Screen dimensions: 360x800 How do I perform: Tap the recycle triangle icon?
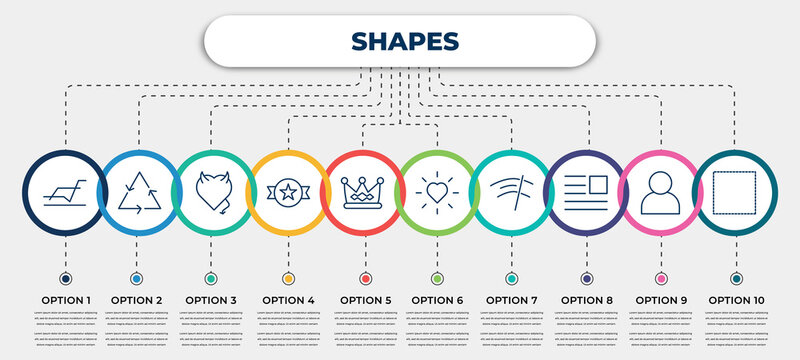137,192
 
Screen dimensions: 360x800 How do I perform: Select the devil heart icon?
212,192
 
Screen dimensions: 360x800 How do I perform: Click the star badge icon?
288,192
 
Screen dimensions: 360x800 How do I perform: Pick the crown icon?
362,192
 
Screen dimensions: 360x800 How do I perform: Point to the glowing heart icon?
437,192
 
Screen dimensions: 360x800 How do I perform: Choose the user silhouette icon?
660,192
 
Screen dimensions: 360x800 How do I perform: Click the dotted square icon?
735,192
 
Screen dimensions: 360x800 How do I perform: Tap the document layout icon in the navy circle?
586,192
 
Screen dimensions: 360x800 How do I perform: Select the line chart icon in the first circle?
64,192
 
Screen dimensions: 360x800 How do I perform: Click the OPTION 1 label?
64,299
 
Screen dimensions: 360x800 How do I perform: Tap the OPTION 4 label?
288,299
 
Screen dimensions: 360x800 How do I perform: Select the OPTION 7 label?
512,299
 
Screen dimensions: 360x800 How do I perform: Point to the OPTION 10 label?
737,299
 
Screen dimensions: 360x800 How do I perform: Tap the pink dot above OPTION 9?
661,278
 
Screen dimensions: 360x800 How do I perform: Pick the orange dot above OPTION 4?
288,278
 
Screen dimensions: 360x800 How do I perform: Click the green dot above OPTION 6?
437,278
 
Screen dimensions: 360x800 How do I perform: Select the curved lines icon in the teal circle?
511,192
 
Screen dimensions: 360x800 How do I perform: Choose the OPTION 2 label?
137,299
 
